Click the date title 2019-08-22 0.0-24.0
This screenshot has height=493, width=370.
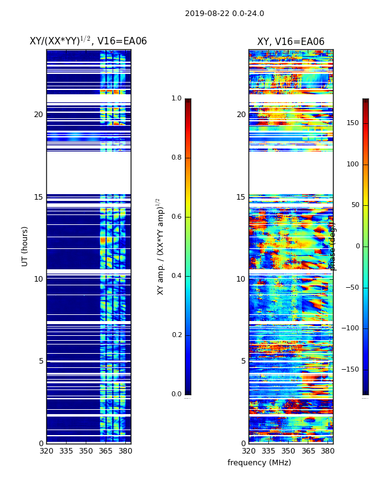tap(224, 14)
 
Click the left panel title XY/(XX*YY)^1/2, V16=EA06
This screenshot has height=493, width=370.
tap(88, 41)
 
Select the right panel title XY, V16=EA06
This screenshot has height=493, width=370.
tap(290, 42)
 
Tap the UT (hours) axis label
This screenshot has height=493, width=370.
tap(25, 246)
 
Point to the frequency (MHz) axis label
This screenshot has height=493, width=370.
tap(259, 463)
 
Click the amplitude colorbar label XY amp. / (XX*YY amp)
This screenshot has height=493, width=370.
tap(160, 246)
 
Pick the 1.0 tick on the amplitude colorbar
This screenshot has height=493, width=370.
tap(176, 99)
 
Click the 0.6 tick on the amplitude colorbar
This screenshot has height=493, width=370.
tap(176, 217)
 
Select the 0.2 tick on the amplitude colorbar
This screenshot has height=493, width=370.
tap(176, 335)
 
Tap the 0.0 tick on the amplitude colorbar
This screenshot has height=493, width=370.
tap(176, 394)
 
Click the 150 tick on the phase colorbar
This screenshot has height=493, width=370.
tap(352, 123)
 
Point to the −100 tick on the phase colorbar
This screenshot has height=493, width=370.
tap(350, 328)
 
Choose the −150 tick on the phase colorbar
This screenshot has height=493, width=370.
tap(350, 370)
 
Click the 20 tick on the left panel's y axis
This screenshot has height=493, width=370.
tap(38, 115)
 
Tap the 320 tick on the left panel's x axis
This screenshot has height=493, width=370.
tap(46, 452)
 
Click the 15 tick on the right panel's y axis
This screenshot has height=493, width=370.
tap(240, 197)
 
